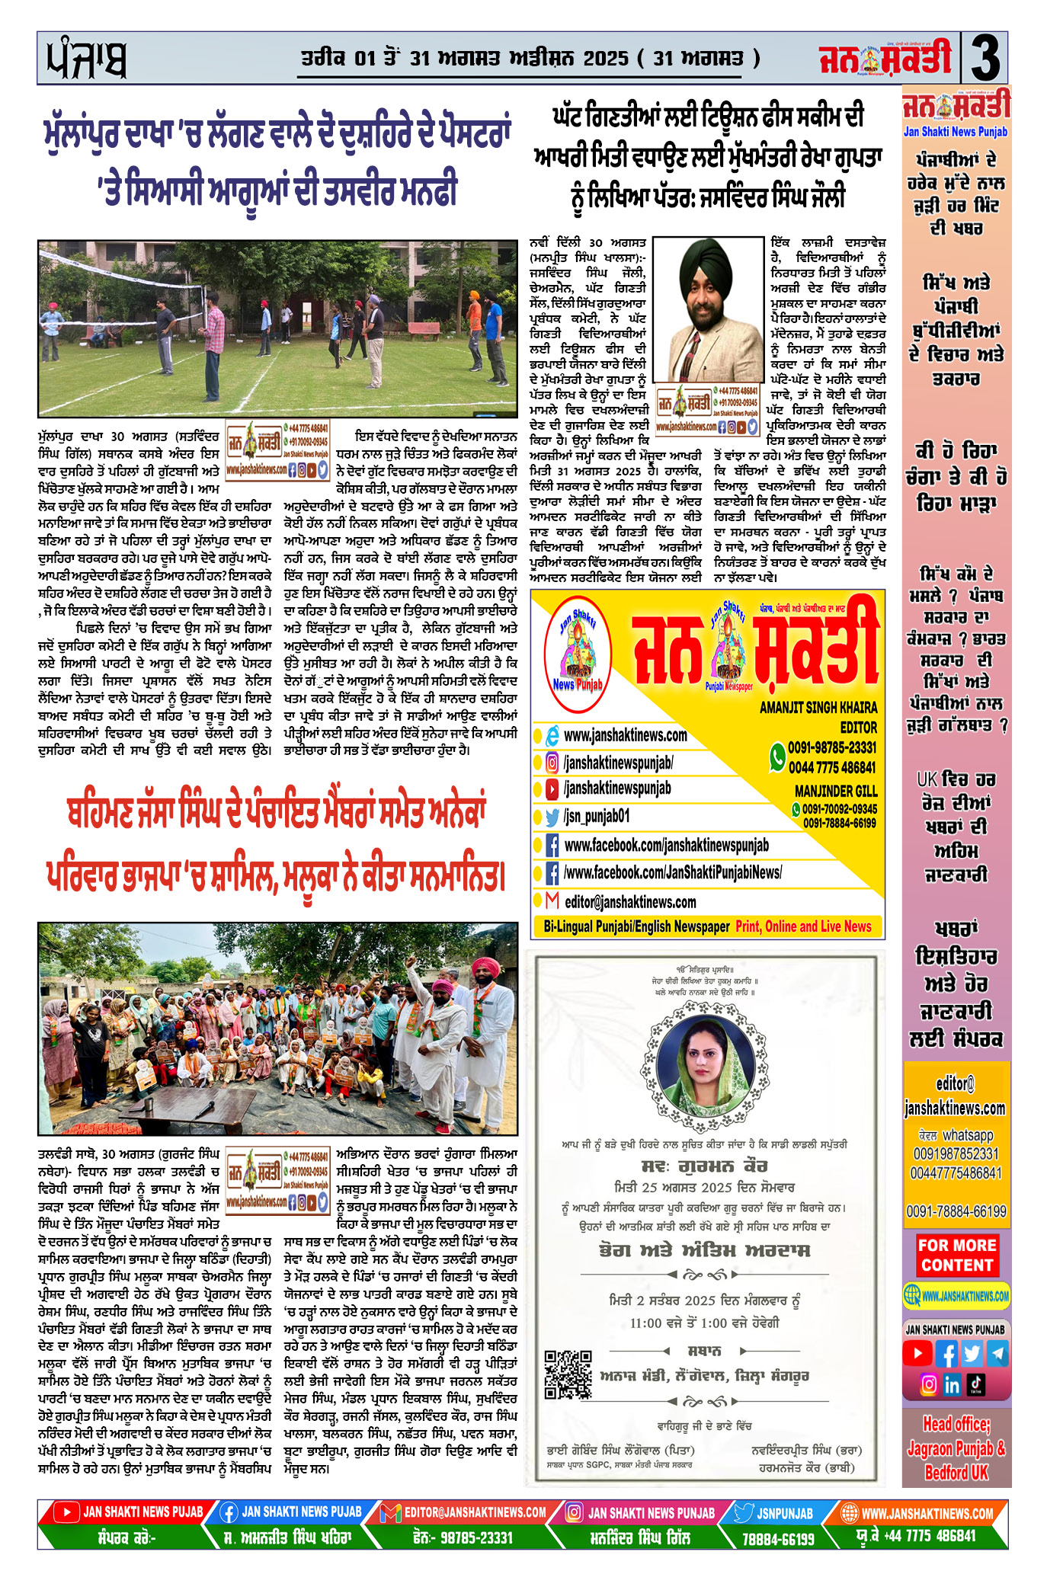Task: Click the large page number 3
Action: pyautogui.click(x=985, y=58)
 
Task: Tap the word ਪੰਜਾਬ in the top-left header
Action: pyautogui.click(x=86, y=59)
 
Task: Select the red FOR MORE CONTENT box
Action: pyautogui.click(x=956, y=1255)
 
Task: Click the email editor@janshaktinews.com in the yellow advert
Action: pyautogui.click(x=629, y=902)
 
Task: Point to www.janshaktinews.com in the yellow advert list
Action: pyautogui.click(x=625, y=735)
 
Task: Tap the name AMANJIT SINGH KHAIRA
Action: pyautogui.click(x=818, y=707)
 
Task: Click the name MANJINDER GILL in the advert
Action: pyautogui.click(x=836, y=791)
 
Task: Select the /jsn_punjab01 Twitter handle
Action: pyautogui.click(x=597, y=817)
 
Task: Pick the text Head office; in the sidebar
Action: pyautogui.click(x=956, y=1424)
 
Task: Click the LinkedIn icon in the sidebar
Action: pyautogui.click(x=952, y=1384)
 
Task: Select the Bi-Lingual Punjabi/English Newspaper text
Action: pyautogui.click(x=636, y=926)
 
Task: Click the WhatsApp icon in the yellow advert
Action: pyautogui.click(x=777, y=757)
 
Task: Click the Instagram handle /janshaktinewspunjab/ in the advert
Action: pyautogui.click(x=618, y=763)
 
